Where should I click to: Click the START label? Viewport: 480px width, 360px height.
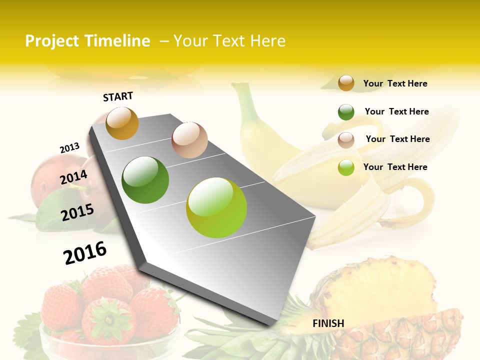118,96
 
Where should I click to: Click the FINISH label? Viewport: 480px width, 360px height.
328,323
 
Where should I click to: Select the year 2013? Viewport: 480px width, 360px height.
69,148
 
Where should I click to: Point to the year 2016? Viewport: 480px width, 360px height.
85,253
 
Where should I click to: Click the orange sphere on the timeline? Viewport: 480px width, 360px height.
122,123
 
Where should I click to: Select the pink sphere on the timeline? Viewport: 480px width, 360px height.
189,139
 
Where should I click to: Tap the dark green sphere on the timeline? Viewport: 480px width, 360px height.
145,179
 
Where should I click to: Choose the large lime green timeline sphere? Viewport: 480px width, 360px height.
216,207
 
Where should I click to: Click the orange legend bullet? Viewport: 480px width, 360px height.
346,83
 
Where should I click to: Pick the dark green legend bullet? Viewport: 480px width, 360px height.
346,112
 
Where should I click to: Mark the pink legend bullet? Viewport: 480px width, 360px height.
346,139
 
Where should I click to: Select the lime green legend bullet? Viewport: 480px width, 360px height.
346,167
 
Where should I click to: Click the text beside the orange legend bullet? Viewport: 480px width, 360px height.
395,83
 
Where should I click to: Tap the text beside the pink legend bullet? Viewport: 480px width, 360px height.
397,139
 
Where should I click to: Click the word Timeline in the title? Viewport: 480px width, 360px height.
117,41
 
